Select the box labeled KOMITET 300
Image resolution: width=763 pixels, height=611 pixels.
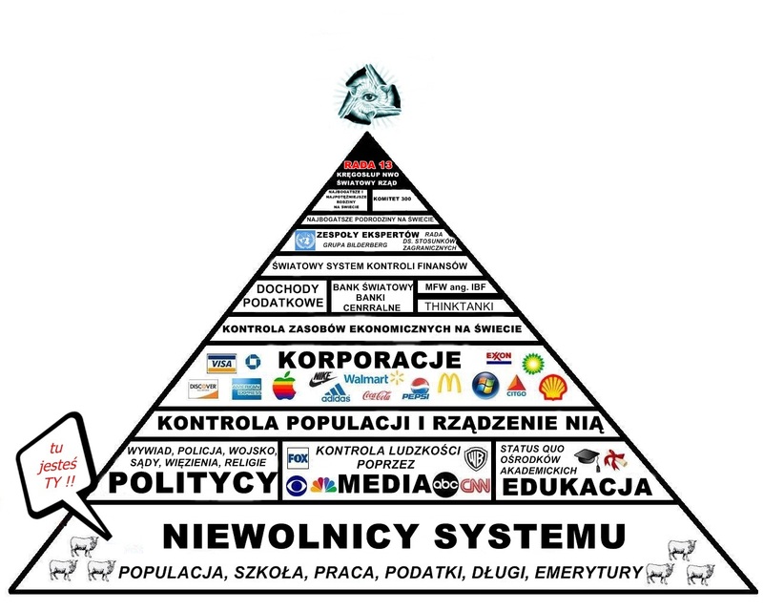394,200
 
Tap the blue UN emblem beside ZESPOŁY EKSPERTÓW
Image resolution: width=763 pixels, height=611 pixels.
305,240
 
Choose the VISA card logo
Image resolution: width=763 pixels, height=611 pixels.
221,365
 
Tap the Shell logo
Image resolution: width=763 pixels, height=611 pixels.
551,387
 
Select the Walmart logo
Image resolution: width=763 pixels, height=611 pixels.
365,379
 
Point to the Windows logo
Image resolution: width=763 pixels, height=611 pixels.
485,386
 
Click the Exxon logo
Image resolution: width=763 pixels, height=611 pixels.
499,358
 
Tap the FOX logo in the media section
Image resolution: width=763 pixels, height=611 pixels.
299,457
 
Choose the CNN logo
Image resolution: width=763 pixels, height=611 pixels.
474,485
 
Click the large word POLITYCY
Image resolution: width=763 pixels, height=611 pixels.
193,484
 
